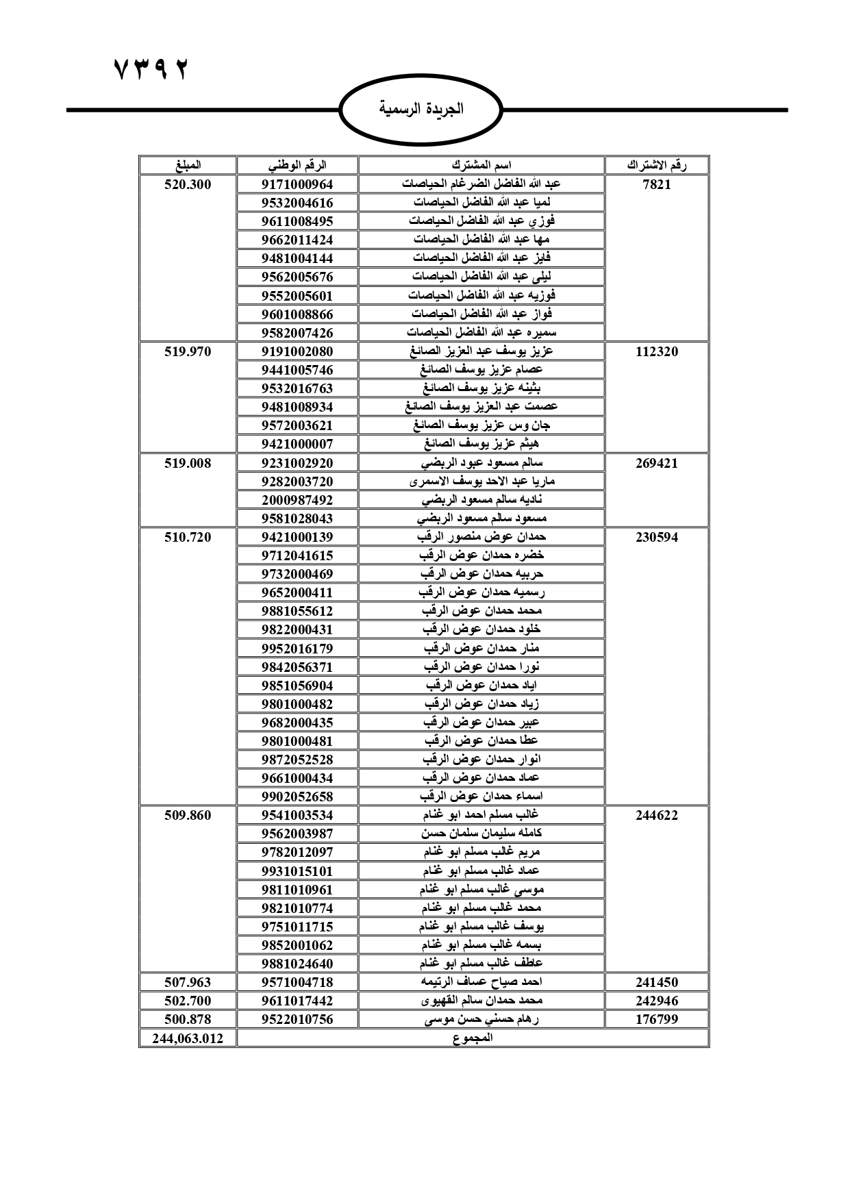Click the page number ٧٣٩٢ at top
point(150,69)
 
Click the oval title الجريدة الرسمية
point(421,109)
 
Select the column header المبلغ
point(188,165)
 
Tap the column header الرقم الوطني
point(297,165)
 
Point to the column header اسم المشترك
point(482,165)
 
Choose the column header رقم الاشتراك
point(657,165)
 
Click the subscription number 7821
point(657,184)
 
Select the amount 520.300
point(188,184)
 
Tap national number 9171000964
point(297,184)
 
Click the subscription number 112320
point(657,351)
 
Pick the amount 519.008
point(188,463)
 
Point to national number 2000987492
point(297,500)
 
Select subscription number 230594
point(657,537)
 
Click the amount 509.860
point(188,815)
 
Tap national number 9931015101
point(297,871)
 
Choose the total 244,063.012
point(188,1038)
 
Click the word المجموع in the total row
point(473,1038)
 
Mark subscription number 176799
point(657,1019)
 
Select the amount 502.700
point(188,1001)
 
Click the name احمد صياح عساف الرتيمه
point(482,982)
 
